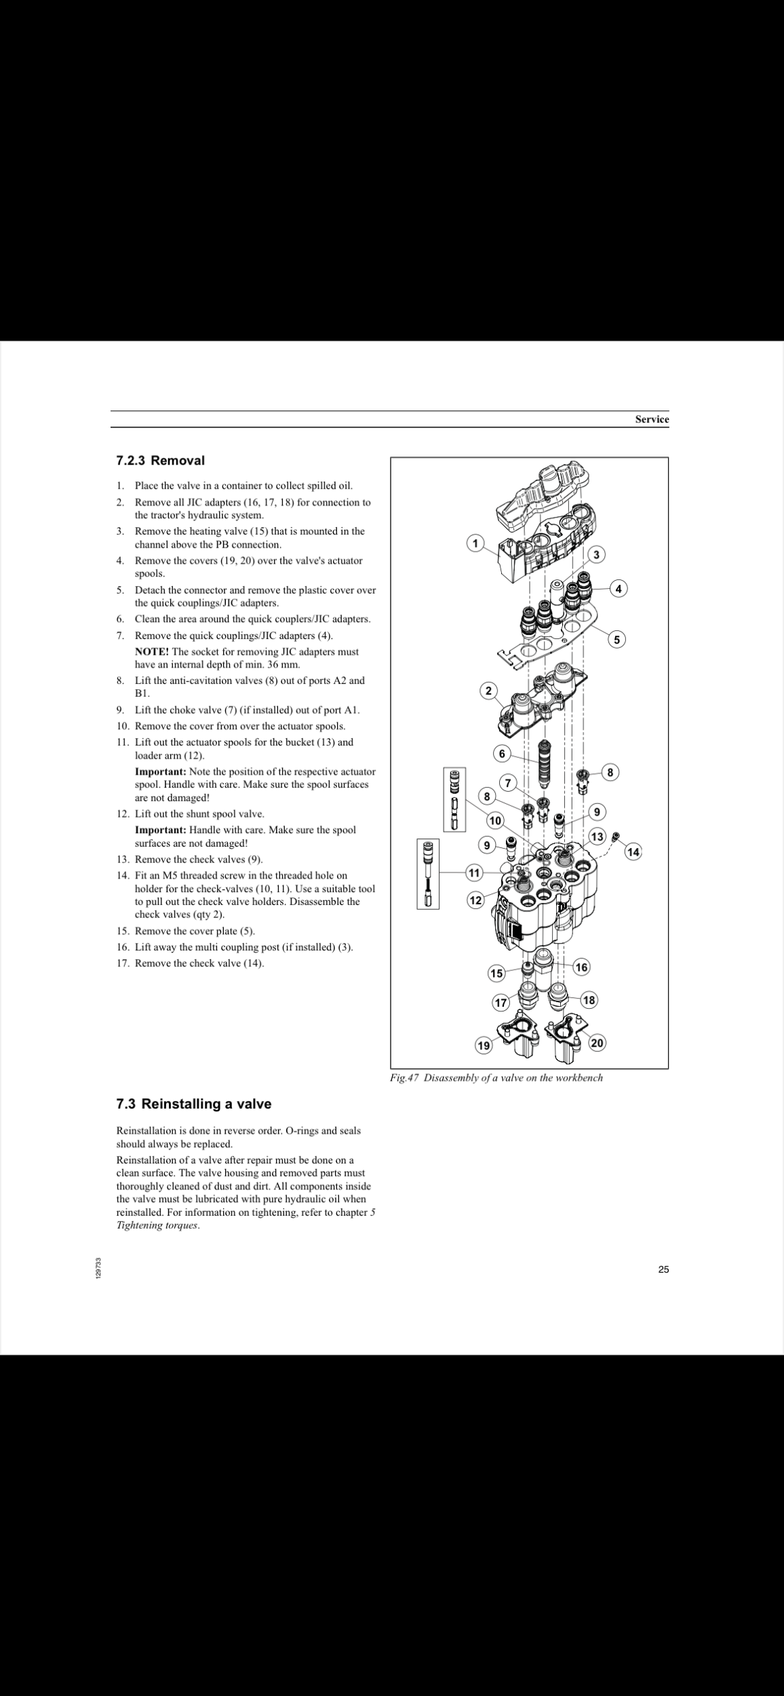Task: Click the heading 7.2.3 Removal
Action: pyautogui.click(x=160, y=461)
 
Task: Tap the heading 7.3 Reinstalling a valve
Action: pyautogui.click(x=193, y=1104)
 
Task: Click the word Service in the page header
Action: pyautogui.click(x=652, y=419)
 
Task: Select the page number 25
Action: pyautogui.click(x=663, y=1270)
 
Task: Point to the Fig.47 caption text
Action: pyautogui.click(x=496, y=1078)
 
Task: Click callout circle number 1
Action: pyautogui.click(x=476, y=543)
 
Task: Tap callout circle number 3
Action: pyautogui.click(x=596, y=554)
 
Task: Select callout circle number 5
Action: pyautogui.click(x=616, y=639)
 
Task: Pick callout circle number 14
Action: pyautogui.click(x=633, y=851)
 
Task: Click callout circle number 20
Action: pyautogui.click(x=597, y=1043)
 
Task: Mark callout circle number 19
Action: pyautogui.click(x=483, y=1046)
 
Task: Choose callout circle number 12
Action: pyautogui.click(x=476, y=900)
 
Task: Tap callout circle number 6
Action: pyautogui.click(x=502, y=754)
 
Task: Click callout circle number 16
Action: pyautogui.click(x=581, y=967)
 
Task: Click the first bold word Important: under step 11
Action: pyautogui.click(x=161, y=772)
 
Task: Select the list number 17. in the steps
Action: pyautogui.click(x=123, y=963)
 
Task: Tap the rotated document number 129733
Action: pyautogui.click(x=99, y=1269)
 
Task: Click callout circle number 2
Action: pyautogui.click(x=488, y=691)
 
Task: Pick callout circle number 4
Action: pyautogui.click(x=619, y=589)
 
